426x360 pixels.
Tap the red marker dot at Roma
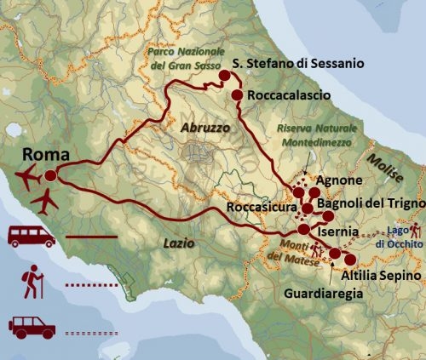(50, 175)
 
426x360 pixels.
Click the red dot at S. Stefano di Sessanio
(226, 77)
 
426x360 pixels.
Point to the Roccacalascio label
(290, 98)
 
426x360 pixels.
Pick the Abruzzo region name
(205, 126)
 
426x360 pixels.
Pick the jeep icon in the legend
(32, 325)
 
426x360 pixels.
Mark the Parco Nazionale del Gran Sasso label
(181, 55)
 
